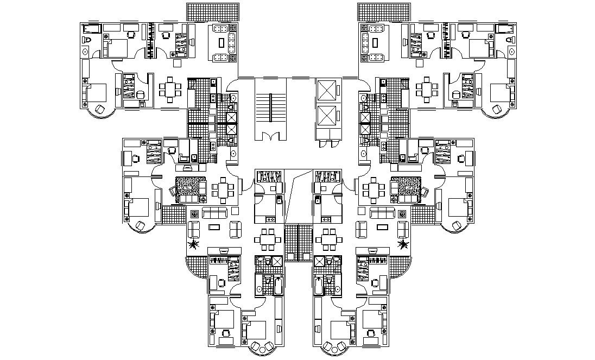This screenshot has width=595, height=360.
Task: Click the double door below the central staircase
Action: click(270, 136)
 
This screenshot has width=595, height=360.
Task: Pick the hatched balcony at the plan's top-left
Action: click(213, 11)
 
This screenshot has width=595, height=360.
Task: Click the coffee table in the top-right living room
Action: click(375, 42)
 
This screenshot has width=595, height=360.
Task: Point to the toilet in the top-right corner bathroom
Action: click(510, 40)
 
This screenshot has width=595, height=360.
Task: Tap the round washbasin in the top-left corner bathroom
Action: click(85, 51)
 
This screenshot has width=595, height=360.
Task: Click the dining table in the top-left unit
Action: click(171, 89)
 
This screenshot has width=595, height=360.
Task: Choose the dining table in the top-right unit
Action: click(426, 89)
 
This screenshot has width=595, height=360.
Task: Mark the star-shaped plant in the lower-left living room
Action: click(192, 245)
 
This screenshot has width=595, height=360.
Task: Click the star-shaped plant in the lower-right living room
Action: click(403, 245)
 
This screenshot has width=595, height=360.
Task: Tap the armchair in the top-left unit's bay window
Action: click(100, 109)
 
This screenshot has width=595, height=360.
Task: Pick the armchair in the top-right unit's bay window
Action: click(496, 109)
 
